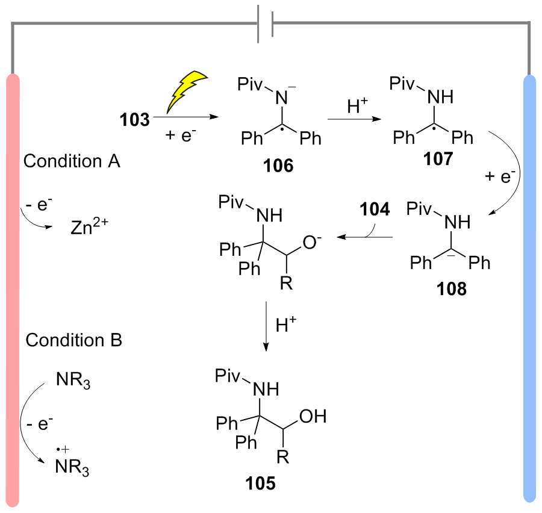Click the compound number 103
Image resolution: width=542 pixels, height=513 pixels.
[x=134, y=120]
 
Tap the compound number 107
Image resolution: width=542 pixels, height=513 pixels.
[x=438, y=159]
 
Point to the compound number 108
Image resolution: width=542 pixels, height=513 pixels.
[x=451, y=288]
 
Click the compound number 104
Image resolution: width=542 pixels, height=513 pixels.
[x=375, y=209]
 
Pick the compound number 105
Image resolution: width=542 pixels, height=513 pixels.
[x=260, y=483]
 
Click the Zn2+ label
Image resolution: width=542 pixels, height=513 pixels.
[x=89, y=226]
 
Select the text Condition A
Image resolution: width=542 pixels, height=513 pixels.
[x=72, y=161]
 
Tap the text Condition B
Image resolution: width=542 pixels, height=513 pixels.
[x=73, y=340]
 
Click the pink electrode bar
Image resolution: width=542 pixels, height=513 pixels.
[x=13, y=290]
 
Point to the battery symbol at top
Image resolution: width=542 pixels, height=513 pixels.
[x=266, y=23]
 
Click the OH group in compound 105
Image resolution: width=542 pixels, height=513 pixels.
[x=313, y=416]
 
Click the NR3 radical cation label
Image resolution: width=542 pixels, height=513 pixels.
[x=72, y=463]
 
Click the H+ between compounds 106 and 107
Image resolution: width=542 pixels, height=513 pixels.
[x=357, y=105]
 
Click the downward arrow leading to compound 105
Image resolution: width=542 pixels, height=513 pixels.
[x=266, y=326]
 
